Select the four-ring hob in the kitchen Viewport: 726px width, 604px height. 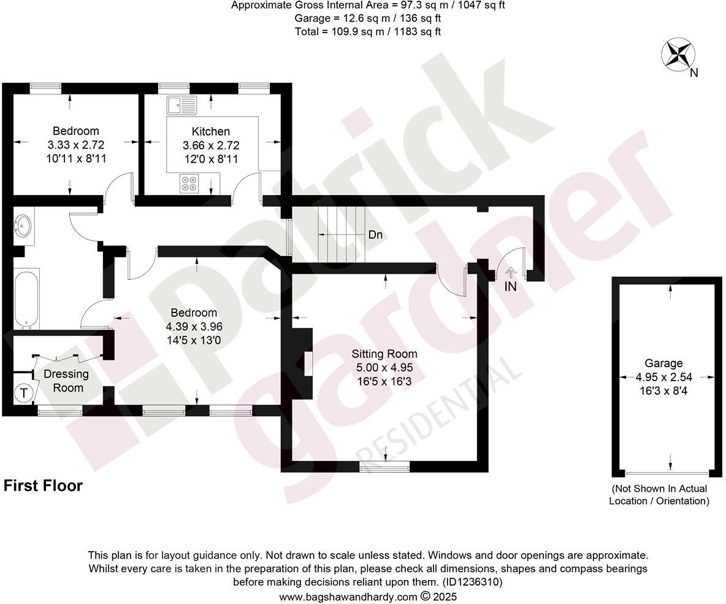click(x=189, y=184)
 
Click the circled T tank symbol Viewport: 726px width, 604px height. click(x=24, y=393)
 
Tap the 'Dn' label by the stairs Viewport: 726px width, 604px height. click(x=375, y=234)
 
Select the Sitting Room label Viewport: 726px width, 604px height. click(x=384, y=354)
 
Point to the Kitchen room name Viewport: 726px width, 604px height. click(x=211, y=131)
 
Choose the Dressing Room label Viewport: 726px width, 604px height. click(x=66, y=381)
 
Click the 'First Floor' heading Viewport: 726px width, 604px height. click(x=43, y=486)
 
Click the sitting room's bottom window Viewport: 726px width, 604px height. click(x=384, y=468)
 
